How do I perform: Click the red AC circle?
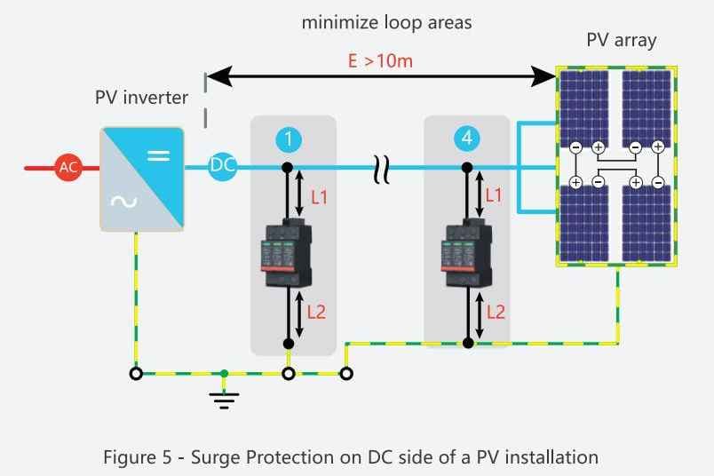(x=68, y=167)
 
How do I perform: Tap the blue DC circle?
(x=221, y=167)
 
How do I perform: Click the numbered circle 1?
(x=289, y=139)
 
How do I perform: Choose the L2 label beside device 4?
(x=496, y=312)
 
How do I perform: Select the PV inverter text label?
(x=142, y=98)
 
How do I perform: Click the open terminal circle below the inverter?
(x=136, y=374)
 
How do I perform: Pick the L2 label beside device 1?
(x=318, y=312)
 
